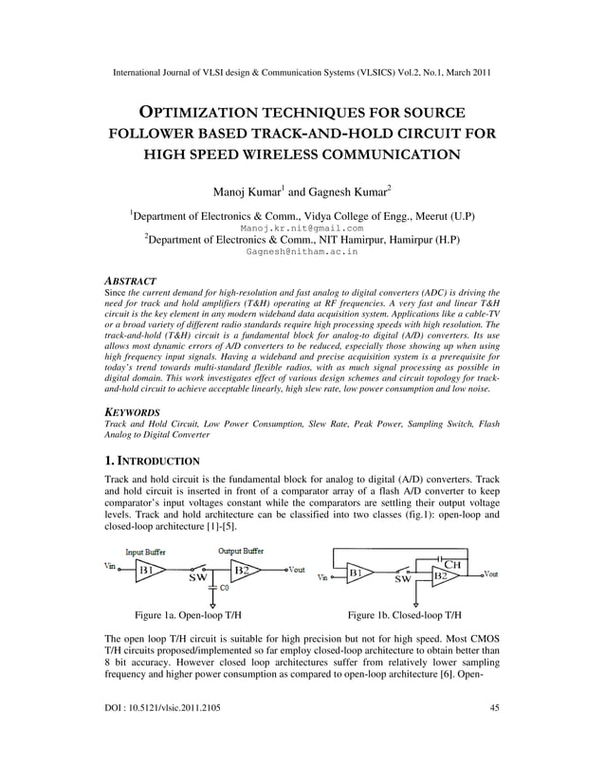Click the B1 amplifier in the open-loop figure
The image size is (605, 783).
point(148,571)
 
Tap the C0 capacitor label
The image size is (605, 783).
point(225,589)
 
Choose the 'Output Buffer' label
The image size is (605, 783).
point(242,551)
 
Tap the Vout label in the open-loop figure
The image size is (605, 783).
point(295,571)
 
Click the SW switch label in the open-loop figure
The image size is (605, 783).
point(197,577)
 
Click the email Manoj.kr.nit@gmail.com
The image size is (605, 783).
point(302,228)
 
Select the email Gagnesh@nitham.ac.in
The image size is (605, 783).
point(302,253)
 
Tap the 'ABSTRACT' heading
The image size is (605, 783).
point(130,282)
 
